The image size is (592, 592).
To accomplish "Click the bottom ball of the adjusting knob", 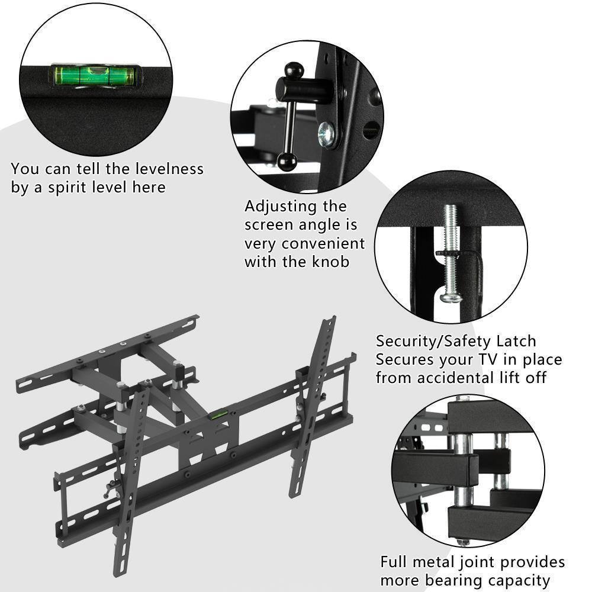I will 287,161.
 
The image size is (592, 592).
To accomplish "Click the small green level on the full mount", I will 217,416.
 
